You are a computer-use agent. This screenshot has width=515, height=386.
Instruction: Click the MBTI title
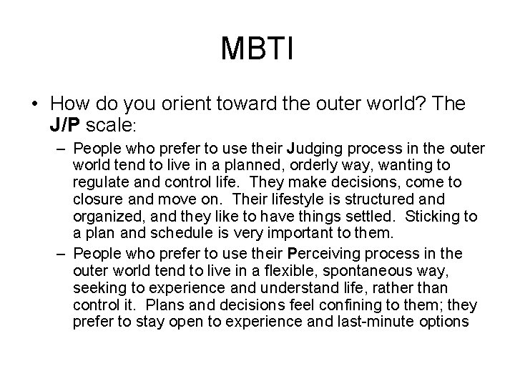pos(257,49)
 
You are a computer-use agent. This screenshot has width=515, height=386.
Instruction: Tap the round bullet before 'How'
pos(34,105)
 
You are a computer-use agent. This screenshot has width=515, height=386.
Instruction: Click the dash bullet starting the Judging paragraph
pos(61,149)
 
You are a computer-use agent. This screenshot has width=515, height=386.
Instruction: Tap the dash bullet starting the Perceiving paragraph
pos(61,254)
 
